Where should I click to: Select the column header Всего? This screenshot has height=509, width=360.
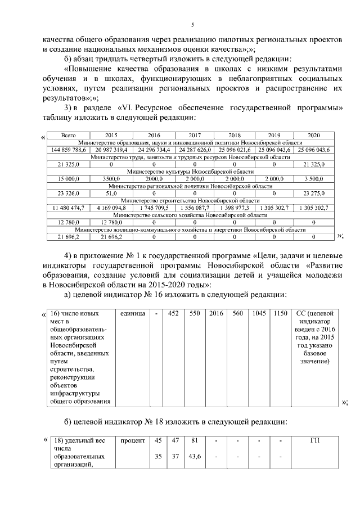(x=68, y=136)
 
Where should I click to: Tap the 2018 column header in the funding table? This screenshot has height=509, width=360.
(x=235, y=136)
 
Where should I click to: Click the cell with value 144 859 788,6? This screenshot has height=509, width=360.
(x=68, y=150)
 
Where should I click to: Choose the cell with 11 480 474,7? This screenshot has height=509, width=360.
(x=68, y=208)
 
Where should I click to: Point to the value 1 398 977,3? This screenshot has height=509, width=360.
(x=235, y=208)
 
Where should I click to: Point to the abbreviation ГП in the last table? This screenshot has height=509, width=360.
(x=314, y=440)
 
